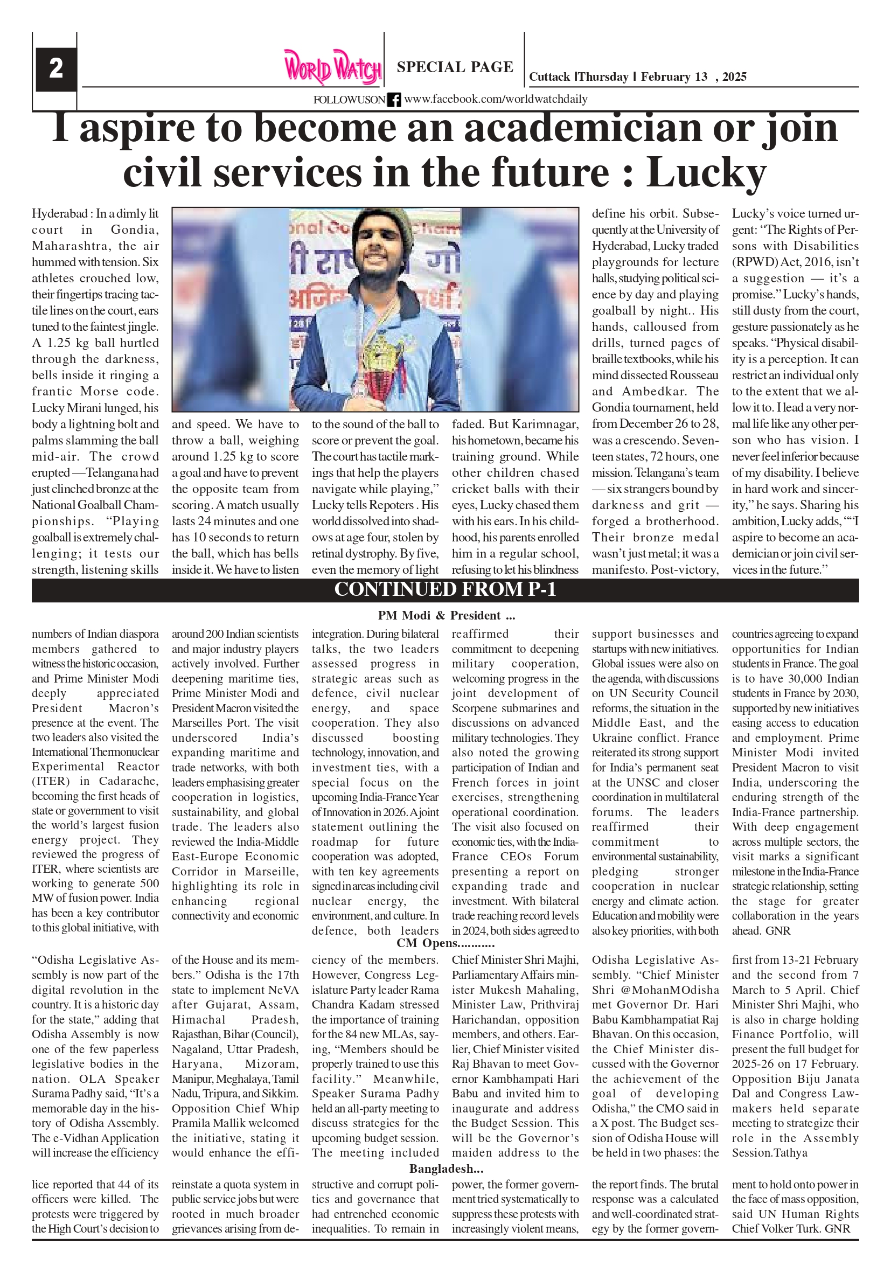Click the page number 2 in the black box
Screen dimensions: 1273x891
pyautogui.click(x=56, y=69)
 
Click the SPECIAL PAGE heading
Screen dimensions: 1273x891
pyautogui.click(x=455, y=67)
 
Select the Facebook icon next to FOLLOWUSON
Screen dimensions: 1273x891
pyautogui.click(x=394, y=100)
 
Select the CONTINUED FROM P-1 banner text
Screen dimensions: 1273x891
pyautogui.click(x=444, y=589)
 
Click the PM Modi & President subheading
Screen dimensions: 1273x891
pyautogui.click(x=447, y=615)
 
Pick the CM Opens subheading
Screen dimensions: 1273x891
pyautogui.click(x=445, y=943)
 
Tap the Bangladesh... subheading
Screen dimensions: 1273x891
pyautogui.click(x=447, y=1169)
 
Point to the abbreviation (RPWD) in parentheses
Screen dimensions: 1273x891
pyautogui.click(x=754, y=262)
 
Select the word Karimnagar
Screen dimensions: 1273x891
pyautogui.click(x=545, y=425)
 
